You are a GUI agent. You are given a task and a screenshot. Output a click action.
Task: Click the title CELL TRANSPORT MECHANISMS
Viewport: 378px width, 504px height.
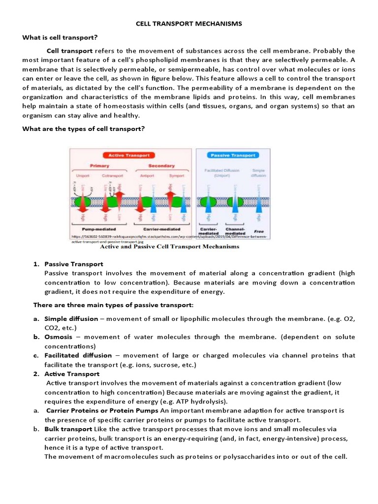click(x=189, y=24)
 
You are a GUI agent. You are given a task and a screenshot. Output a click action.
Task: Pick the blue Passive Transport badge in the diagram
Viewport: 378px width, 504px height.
click(x=233, y=155)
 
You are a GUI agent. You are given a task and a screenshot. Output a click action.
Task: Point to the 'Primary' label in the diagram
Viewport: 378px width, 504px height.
click(x=99, y=166)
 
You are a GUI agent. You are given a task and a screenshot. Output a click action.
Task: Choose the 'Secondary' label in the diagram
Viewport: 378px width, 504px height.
click(x=161, y=166)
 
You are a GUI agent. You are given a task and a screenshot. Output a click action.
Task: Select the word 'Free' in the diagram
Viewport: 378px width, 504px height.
click(x=258, y=231)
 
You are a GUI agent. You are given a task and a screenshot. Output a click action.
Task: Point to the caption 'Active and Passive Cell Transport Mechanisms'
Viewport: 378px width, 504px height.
click(x=156, y=247)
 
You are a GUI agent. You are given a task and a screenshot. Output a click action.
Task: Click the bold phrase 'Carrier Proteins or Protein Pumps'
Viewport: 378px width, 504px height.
click(x=102, y=410)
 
